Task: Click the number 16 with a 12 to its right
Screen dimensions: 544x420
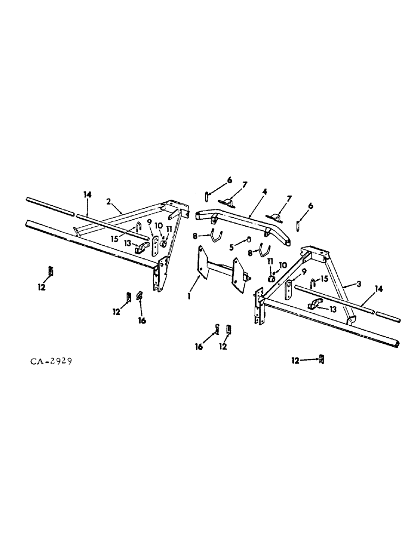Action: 199,346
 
